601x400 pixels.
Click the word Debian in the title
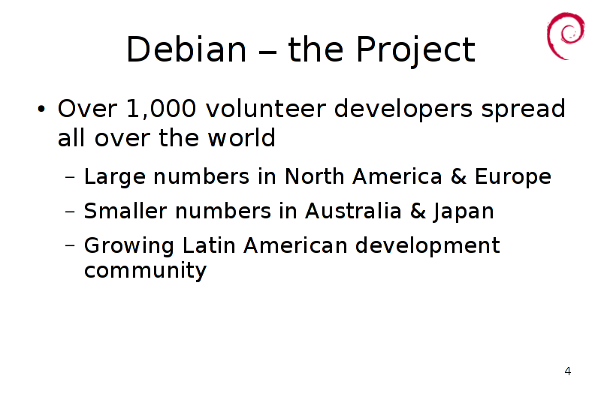(x=186, y=50)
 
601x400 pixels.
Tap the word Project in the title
(x=415, y=50)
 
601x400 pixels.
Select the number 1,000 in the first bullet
(x=161, y=109)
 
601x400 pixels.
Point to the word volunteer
(x=266, y=109)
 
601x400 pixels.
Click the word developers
(x=403, y=110)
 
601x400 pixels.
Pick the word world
(x=241, y=137)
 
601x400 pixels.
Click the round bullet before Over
(x=41, y=110)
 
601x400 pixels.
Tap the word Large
(x=115, y=177)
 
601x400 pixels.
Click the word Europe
(x=513, y=177)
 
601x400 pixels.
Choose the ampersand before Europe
(x=458, y=176)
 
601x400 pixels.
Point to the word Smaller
(x=125, y=211)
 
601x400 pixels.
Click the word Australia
(x=353, y=211)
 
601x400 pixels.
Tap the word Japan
(x=464, y=212)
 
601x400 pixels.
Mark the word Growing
(x=128, y=246)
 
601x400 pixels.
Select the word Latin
(x=209, y=245)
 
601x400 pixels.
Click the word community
(x=145, y=271)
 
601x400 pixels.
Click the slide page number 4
(x=568, y=371)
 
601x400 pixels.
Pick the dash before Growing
(x=70, y=245)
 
